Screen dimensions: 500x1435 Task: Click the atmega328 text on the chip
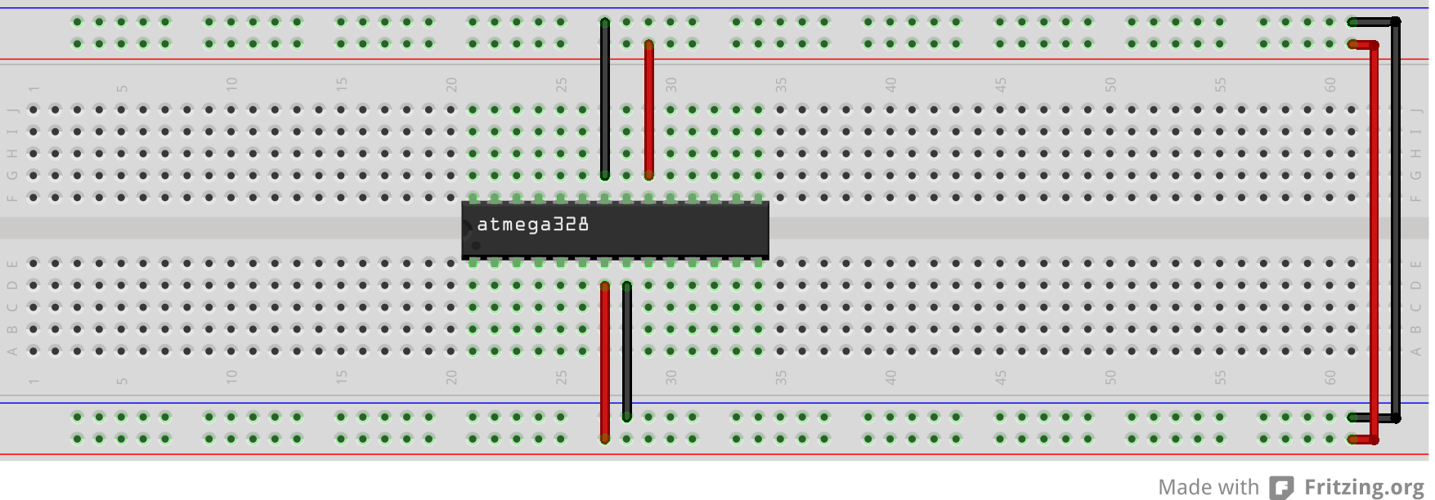click(532, 225)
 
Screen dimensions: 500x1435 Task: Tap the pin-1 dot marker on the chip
click(476, 245)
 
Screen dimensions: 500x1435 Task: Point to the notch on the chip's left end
click(466, 228)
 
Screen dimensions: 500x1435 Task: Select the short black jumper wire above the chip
click(605, 98)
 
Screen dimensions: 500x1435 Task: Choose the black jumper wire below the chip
click(627, 351)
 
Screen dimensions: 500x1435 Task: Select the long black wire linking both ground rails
click(1397, 221)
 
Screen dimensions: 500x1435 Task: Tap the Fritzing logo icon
click(1281, 488)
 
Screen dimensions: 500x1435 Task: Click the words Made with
click(1208, 488)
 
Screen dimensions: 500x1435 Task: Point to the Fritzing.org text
click(1363, 488)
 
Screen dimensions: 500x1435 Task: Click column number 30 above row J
click(671, 85)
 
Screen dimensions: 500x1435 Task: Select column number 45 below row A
click(1001, 377)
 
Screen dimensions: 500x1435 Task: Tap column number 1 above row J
click(34, 88)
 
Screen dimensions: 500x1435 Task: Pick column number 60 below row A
click(1330, 377)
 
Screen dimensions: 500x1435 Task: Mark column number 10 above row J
click(231, 85)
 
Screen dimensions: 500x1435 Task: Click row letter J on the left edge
click(12, 109)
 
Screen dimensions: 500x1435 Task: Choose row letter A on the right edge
click(1415, 351)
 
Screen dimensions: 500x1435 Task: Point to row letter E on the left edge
click(12, 264)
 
